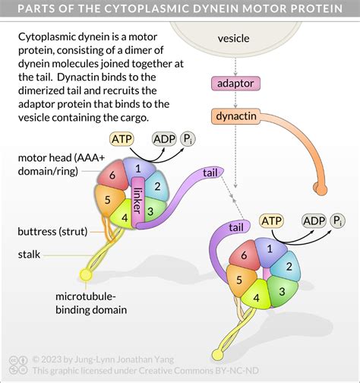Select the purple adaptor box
pos(235,84)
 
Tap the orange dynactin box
pos(235,116)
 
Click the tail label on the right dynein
pos(235,227)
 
